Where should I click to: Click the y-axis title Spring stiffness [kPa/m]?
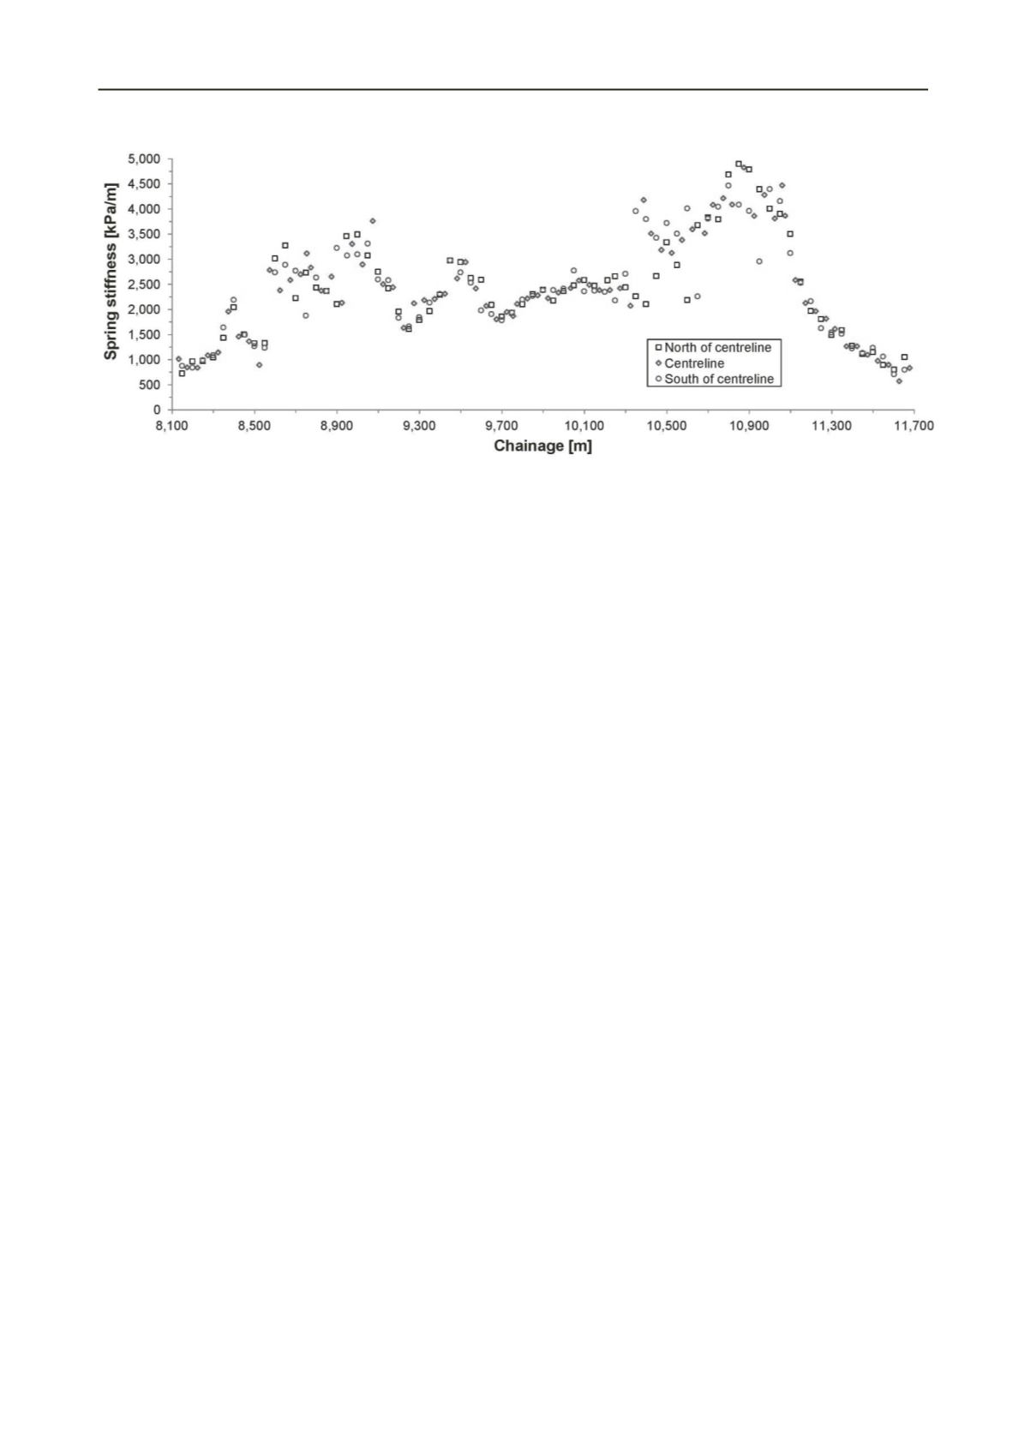pyautogui.click(x=111, y=271)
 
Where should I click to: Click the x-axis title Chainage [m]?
pyautogui.click(x=542, y=446)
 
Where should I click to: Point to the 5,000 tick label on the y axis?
pyautogui.click(x=144, y=159)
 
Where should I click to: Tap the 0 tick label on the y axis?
pyautogui.click(x=157, y=410)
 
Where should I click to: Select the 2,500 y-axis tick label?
pyautogui.click(x=144, y=285)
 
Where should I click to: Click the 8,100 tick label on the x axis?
pyautogui.click(x=171, y=426)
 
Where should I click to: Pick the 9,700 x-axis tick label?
pyautogui.click(x=501, y=426)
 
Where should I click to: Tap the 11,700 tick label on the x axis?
pyautogui.click(x=914, y=426)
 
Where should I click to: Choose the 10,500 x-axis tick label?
pyautogui.click(x=666, y=426)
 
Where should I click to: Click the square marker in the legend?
pyautogui.click(x=658, y=348)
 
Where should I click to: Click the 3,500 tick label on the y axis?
pyautogui.click(x=144, y=234)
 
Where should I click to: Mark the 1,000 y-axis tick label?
pyautogui.click(x=144, y=360)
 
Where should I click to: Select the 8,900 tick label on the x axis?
pyautogui.click(x=337, y=426)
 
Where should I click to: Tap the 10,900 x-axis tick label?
pyautogui.click(x=749, y=426)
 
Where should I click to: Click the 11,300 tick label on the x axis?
pyautogui.click(x=831, y=426)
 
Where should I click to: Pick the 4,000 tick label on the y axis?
pyautogui.click(x=144, y=209)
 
